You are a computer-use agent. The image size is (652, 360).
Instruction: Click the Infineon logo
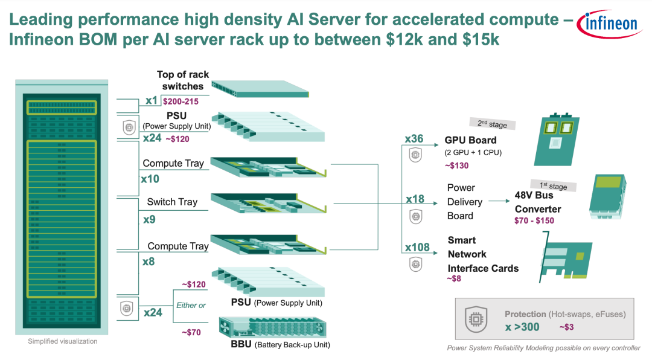tap(610, 24)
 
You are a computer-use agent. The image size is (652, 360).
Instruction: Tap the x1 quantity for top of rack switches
tap(152, 100)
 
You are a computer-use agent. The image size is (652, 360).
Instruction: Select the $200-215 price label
tap(181, 101)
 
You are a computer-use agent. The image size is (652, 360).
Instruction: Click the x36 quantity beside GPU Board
tap(414, 138)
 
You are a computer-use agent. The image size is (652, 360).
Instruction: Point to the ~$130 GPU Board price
tap(456, 166)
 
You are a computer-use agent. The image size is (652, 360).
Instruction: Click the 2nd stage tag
tap(493, 124)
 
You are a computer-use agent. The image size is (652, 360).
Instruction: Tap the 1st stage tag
tap(554, 185)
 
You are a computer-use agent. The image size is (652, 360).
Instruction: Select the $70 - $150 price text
tap(534, 220)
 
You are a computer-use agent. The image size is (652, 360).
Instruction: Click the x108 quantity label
tap(418, 247)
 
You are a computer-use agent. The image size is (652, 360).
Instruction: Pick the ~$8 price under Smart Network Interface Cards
tap(454, 279)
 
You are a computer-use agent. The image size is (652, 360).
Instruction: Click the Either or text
tap(191, 306)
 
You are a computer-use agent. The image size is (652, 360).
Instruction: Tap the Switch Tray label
tap(172, 202)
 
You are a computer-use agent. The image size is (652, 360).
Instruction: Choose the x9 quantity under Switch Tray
tap(149, 219)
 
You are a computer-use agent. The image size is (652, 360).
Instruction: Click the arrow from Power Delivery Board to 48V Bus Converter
tap(499, 201)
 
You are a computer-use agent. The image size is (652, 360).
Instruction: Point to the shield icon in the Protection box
tap(476, 319)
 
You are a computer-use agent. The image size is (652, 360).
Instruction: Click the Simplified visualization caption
tap(63, 341)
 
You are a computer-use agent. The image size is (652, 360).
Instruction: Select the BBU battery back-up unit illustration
tap(273, 327)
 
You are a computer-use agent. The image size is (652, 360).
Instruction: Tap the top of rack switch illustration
tap(260, 89)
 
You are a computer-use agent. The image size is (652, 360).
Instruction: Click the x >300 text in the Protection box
tap(522, 327)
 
